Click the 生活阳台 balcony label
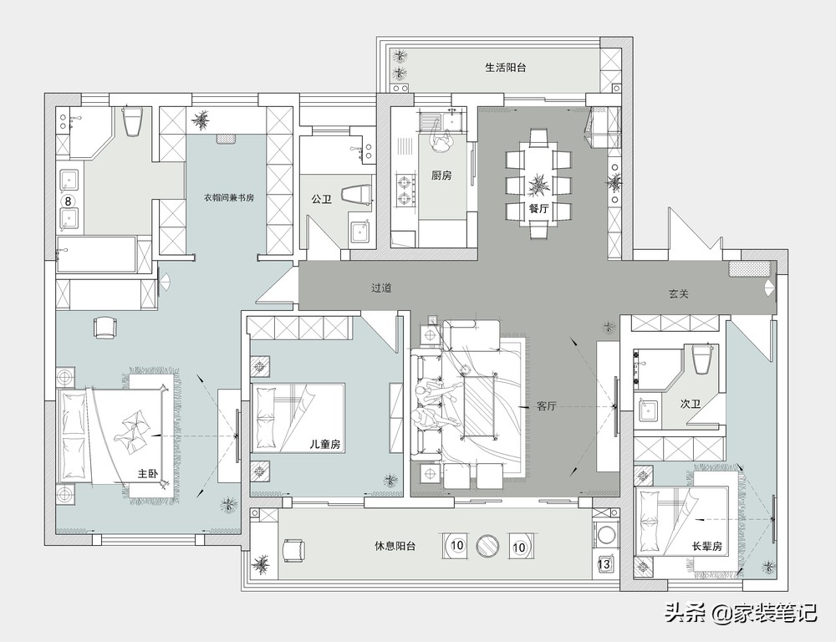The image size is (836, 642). coord(506,68)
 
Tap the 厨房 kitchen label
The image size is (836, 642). coord(441,175)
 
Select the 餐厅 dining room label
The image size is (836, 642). coord(538,208)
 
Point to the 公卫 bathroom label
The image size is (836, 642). coord(322,200)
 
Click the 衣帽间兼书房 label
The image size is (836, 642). coord(229,197)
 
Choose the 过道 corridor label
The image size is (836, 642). coord(381,288)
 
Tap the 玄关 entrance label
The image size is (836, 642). coord(679,293)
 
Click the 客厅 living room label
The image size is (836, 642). coord(547,406)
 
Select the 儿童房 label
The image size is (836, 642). coord(325,444)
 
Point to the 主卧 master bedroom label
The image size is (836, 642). coord(148,473)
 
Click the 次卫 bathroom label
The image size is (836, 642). coord(690,405)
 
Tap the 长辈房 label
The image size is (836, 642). coord(707,547)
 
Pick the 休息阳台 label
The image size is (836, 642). coord(395,546)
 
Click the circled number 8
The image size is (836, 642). coord(68,201)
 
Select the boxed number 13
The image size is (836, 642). coord(604,563)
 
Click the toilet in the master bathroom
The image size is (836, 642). coord(133,120)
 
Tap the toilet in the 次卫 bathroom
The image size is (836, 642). coord(702,359)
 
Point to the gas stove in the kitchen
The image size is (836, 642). coord(405,190)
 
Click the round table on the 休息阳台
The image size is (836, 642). coord(487,545)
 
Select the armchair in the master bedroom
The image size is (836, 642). coord(104,327)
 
